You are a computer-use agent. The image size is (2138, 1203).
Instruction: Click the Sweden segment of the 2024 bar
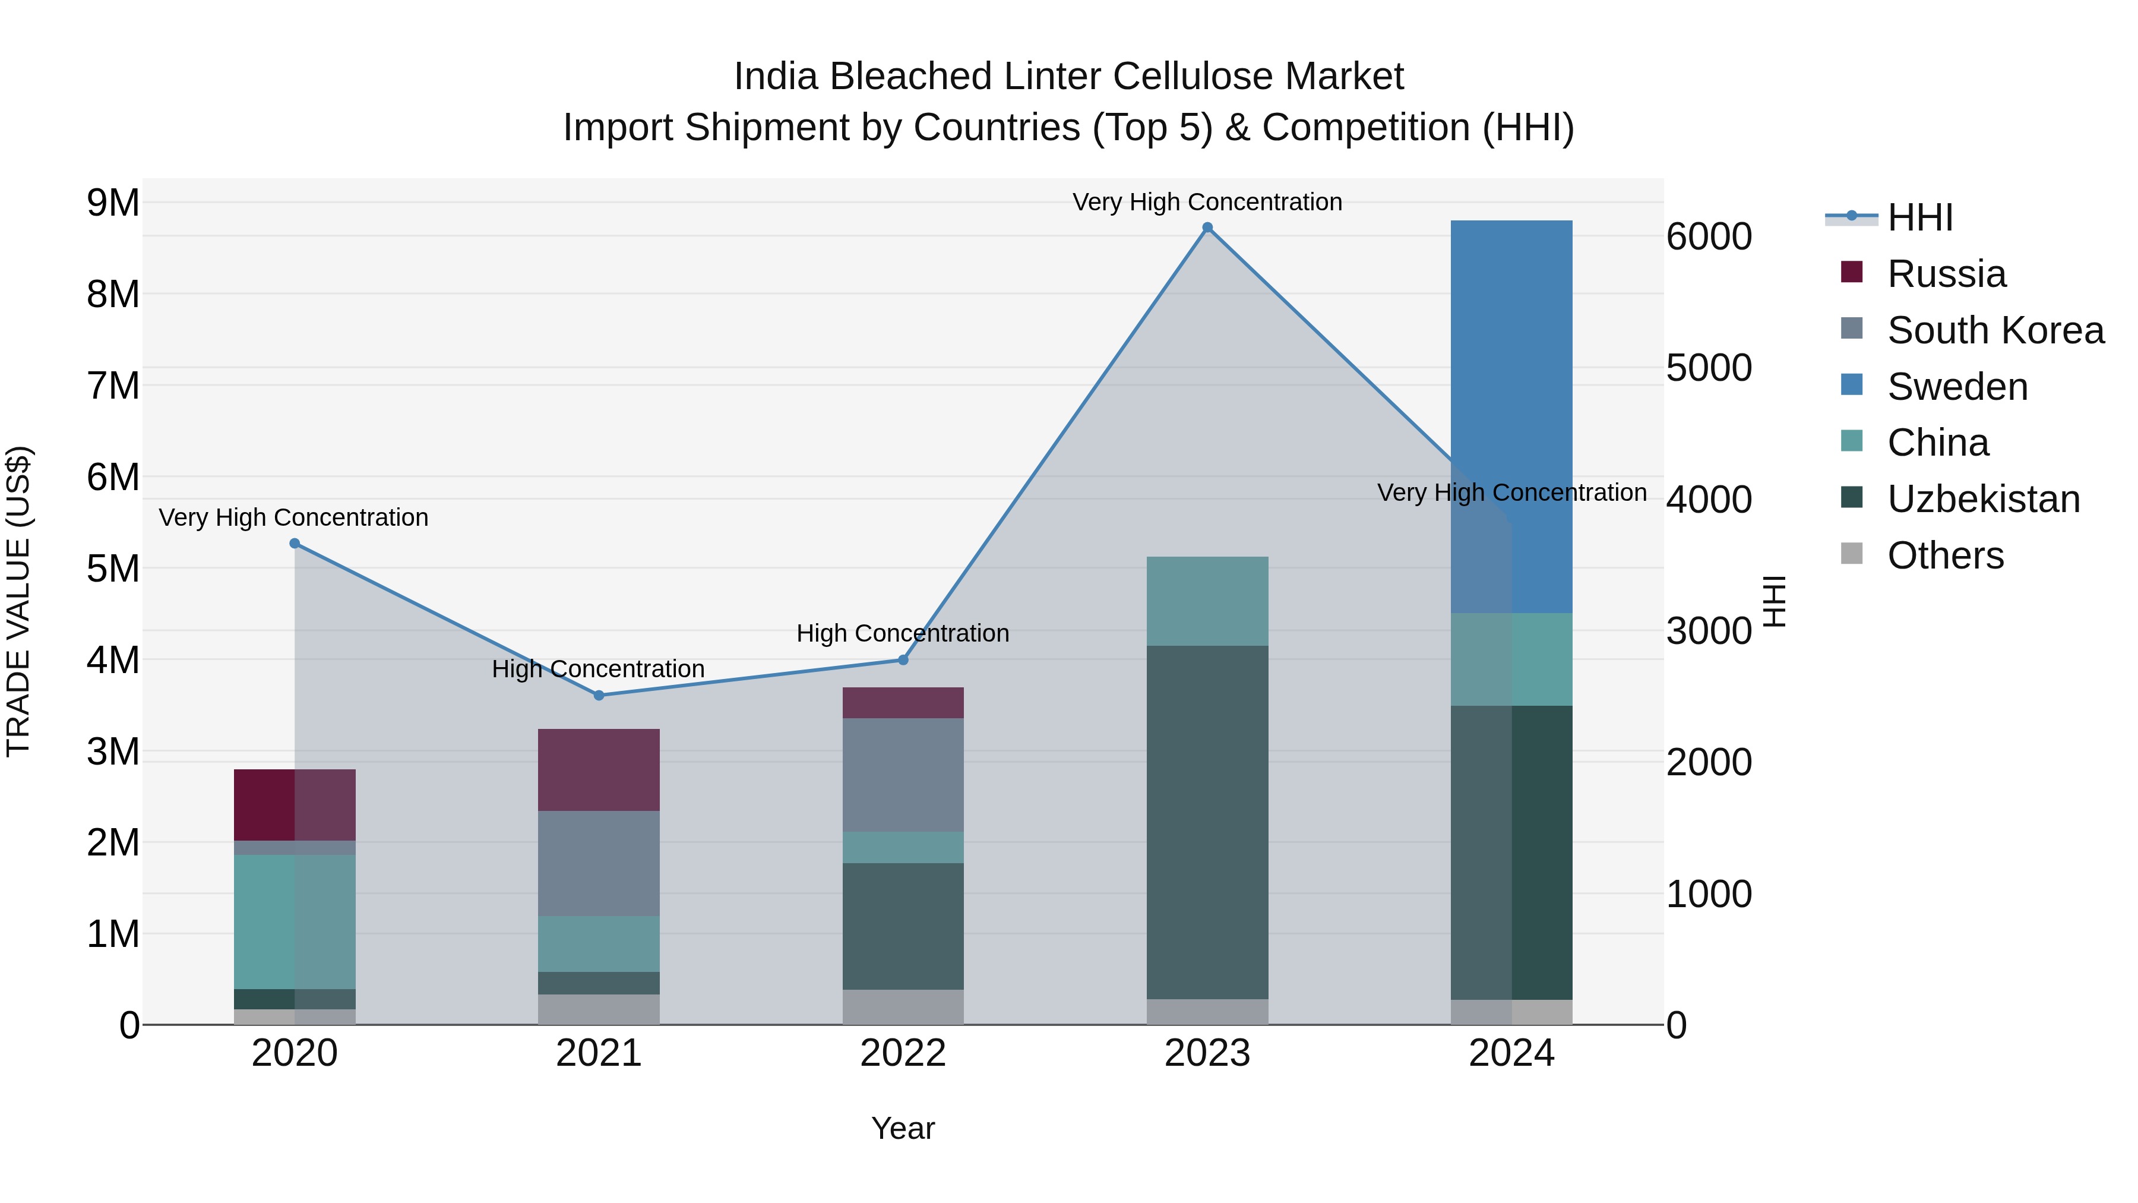pyautogui.click(x=1511, y=415)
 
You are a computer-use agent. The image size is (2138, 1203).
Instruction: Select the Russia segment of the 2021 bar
pyautogui.click(x=599, y=769)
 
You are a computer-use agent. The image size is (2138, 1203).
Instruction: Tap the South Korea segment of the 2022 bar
pyautogui.click(x=903, y=775)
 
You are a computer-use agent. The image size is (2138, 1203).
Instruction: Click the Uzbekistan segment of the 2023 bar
pyautogui.click(x=1207, y=822)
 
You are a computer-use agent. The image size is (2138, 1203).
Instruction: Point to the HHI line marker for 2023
pyautogui.click(x=1207, y=228)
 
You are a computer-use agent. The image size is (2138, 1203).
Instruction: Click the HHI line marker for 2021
pyautogui.click(x=599, y=695)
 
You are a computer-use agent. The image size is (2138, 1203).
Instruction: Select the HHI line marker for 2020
pyautogui.click(x=295, y=543)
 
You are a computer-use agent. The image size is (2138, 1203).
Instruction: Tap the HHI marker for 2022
pyautogui.click(x=903, y=660)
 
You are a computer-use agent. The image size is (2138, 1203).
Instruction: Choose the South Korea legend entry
pyautogui.click(x=1994, y=330)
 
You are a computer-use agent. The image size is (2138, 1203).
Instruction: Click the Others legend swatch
pyautogui.click(x=1852, y=555)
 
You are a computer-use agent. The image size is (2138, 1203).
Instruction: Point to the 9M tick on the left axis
pyautogui.click(x=113, y=203)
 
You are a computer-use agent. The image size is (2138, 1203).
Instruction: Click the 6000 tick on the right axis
pyautogui.click(x=1708, y=236)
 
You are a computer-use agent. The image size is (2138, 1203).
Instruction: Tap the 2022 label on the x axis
pyautogui.click(x=903, y=1053)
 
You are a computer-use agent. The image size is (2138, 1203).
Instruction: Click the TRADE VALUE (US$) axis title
pyautogui.click(x=18, y=601)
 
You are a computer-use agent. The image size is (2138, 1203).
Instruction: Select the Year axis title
pyautogui.click(x=903, y=1128)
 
